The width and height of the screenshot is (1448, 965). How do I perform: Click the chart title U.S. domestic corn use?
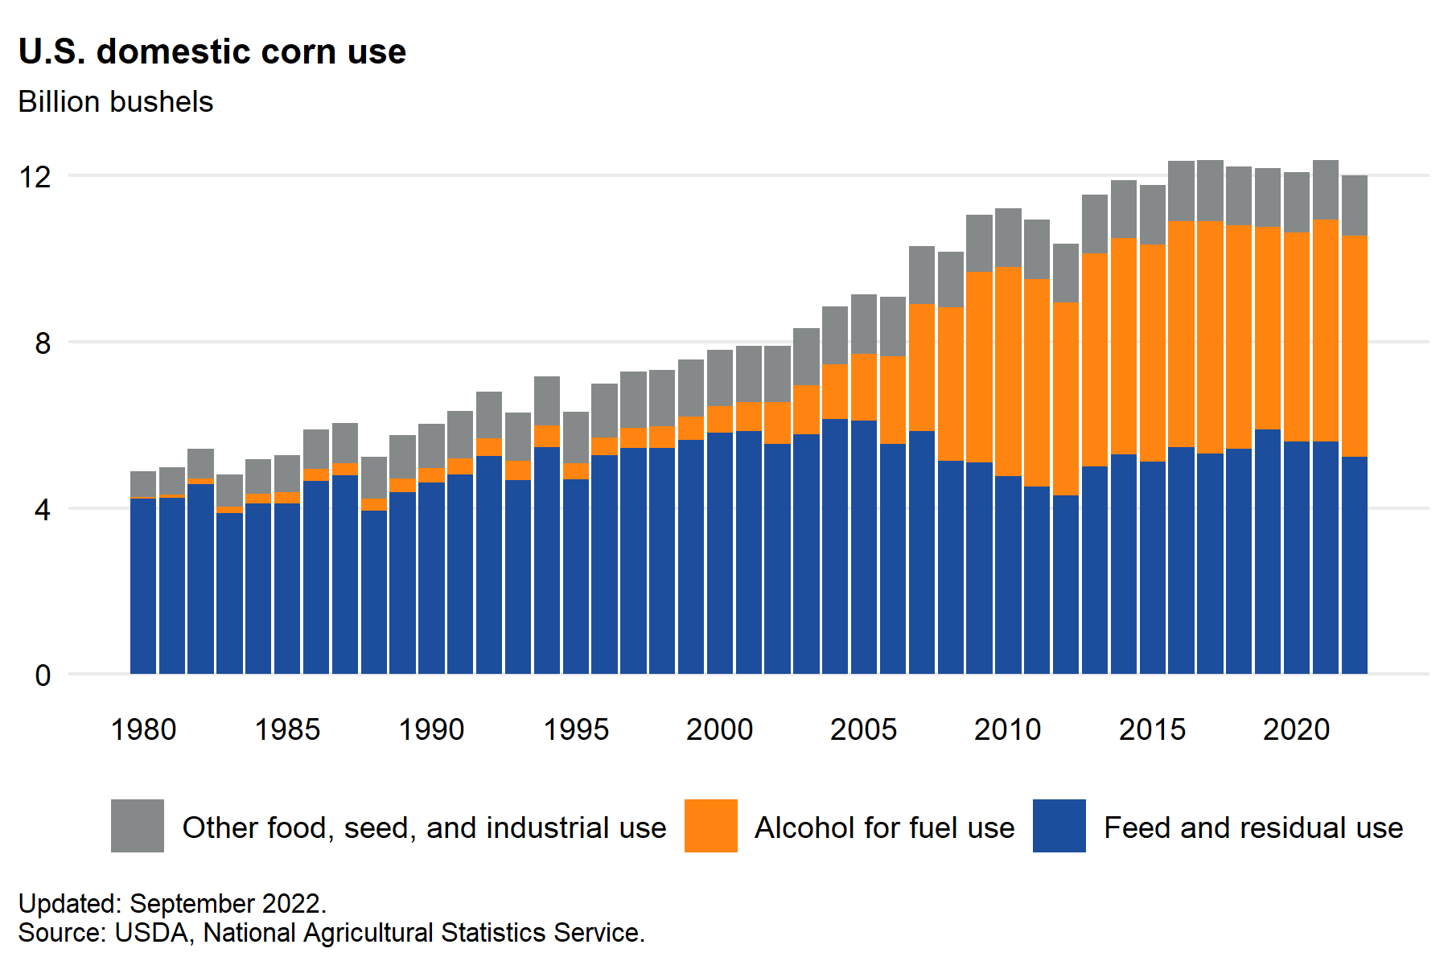click(x=212, y=52)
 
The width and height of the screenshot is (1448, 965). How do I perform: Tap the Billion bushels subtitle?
click(x=116, y=102)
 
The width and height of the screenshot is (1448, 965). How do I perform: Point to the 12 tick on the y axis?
click(x=35, y=176)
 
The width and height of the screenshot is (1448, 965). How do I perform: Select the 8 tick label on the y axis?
click(x=42, y=343)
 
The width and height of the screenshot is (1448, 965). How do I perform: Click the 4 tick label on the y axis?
click(x=42, y=510)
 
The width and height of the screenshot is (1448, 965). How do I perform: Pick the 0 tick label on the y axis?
click(x=42, y=676)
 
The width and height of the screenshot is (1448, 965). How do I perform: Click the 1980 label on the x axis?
click(x=143, y=729)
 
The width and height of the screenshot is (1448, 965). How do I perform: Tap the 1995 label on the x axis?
click(x=576, y=729)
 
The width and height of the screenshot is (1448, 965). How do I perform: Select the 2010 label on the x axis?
click(x=1008, y=729)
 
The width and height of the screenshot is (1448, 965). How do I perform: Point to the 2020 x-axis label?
click(x=1296, y=729)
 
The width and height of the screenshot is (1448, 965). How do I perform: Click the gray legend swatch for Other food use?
click(x=138, y=826)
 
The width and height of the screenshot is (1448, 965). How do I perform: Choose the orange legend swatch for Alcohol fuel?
click(x=711, y=826)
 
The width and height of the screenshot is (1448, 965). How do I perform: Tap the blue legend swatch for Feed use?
click(x=1059, y=826)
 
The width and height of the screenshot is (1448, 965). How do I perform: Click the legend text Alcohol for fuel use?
click(x=884, y=827)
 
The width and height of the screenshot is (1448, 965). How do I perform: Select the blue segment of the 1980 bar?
click(x=143, y=587)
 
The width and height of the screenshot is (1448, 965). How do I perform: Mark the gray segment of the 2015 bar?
click(x=1152, y=215)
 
